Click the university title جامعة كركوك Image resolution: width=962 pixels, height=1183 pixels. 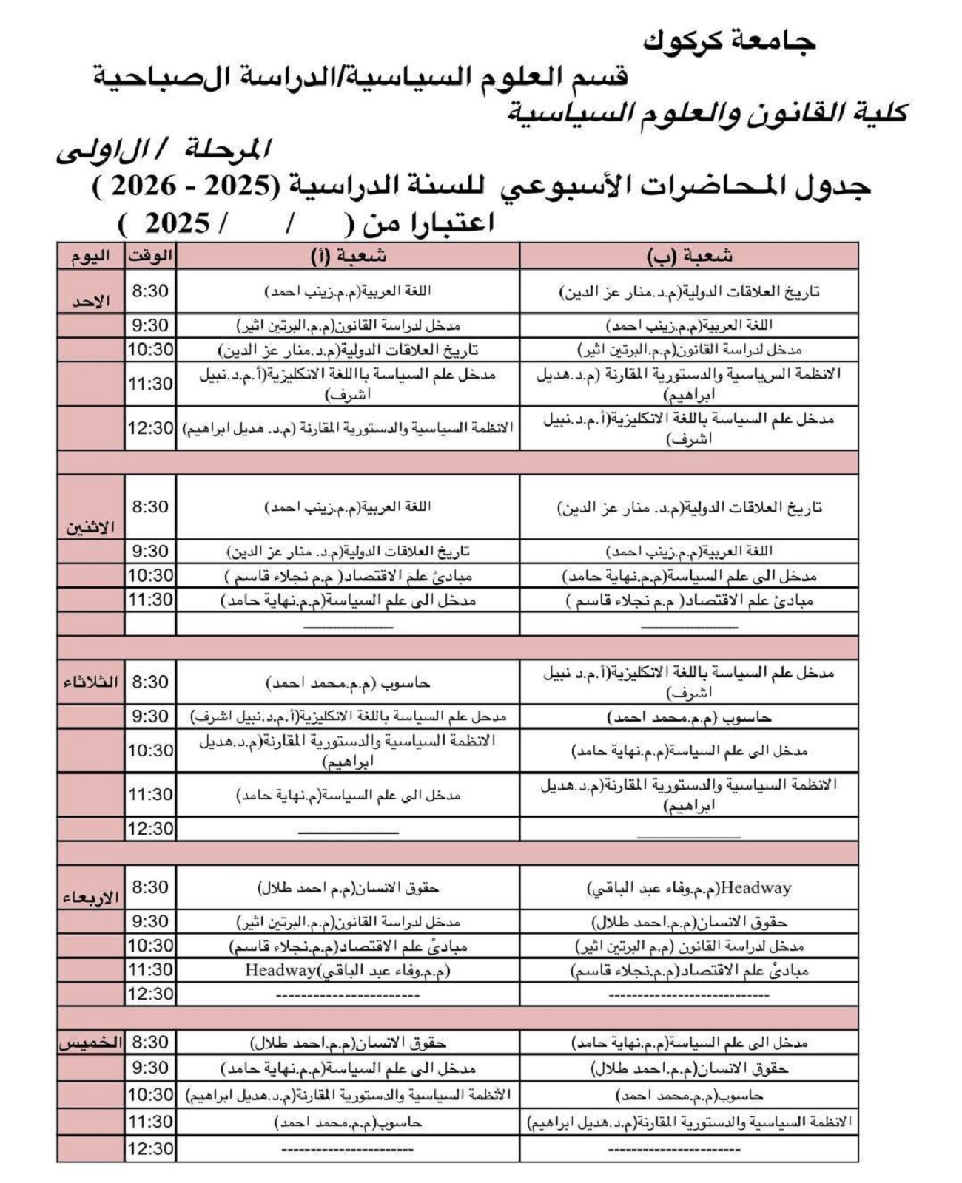pos(729,41)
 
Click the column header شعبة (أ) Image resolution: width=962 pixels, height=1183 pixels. pos(348,256)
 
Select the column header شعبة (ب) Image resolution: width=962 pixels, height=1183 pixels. pos(689,256)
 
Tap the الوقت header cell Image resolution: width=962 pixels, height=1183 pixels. pos(150,256)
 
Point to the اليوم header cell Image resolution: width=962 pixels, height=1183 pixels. pos(90,256)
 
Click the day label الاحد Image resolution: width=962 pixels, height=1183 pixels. pos(90,301)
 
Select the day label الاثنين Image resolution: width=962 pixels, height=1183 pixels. pos(90,527)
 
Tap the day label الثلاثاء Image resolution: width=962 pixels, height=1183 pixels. pos(90,682)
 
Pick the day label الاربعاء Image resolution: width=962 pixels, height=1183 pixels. pos(90,898)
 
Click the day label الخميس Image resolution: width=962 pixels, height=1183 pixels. pos(90,1043)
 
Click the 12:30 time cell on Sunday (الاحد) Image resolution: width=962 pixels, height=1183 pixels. pos(150,428)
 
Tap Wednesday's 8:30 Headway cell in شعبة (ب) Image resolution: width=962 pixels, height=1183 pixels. pos(689,888)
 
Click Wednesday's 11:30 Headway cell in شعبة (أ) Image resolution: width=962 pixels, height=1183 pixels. pos(348,970)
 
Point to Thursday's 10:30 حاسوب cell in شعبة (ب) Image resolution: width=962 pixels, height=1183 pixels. pos(689,1095)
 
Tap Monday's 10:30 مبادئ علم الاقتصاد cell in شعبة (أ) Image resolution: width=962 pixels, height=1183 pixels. pos(348,576)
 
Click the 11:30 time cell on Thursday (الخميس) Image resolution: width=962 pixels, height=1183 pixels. pos(150,1122)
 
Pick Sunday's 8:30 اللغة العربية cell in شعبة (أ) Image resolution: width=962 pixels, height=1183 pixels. pos(348,291)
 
